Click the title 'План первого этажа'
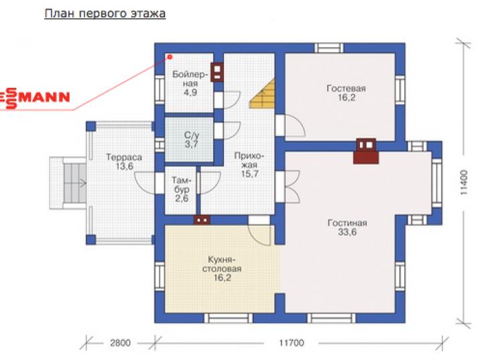pos(105,14)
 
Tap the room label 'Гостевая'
pos(346,88)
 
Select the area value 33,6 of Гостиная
pos(347,232)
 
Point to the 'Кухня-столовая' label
pos(221,264)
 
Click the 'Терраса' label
pos(124,158)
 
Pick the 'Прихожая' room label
pos(249,160)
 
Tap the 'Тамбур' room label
pos(182,185)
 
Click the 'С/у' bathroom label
pos(192,135)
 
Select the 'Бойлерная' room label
pos(190,79)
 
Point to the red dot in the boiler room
pos(170,57)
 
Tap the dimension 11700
pos(292,343)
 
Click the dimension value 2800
pos(120,343)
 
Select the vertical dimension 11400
pos(464,182)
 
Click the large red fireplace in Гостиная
pos(366,152)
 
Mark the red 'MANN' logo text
pos(44,97)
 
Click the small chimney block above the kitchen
pos(202,219)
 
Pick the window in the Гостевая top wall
pos(328,48)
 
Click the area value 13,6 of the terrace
pos(124,166)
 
